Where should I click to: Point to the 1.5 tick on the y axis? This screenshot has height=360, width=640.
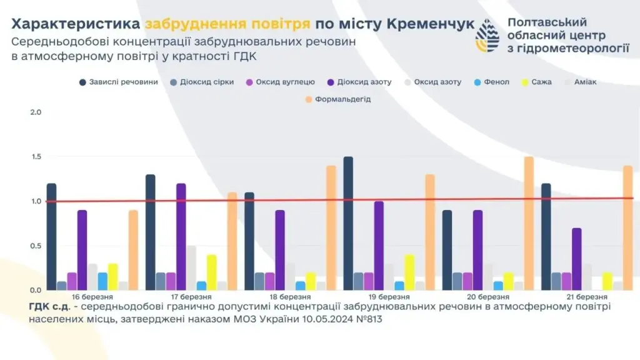point(36,157)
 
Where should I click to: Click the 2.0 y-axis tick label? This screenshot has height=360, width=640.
point(36,112)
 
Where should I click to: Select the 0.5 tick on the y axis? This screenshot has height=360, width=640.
point(36,246)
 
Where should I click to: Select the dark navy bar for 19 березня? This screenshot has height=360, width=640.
point(348,224)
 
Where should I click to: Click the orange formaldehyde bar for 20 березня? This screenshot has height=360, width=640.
point(529,224)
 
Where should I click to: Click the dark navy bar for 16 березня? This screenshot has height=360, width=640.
point(51,237)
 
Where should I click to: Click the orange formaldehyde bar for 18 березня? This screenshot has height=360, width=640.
point(331,228)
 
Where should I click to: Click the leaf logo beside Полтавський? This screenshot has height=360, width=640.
point(487,35)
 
